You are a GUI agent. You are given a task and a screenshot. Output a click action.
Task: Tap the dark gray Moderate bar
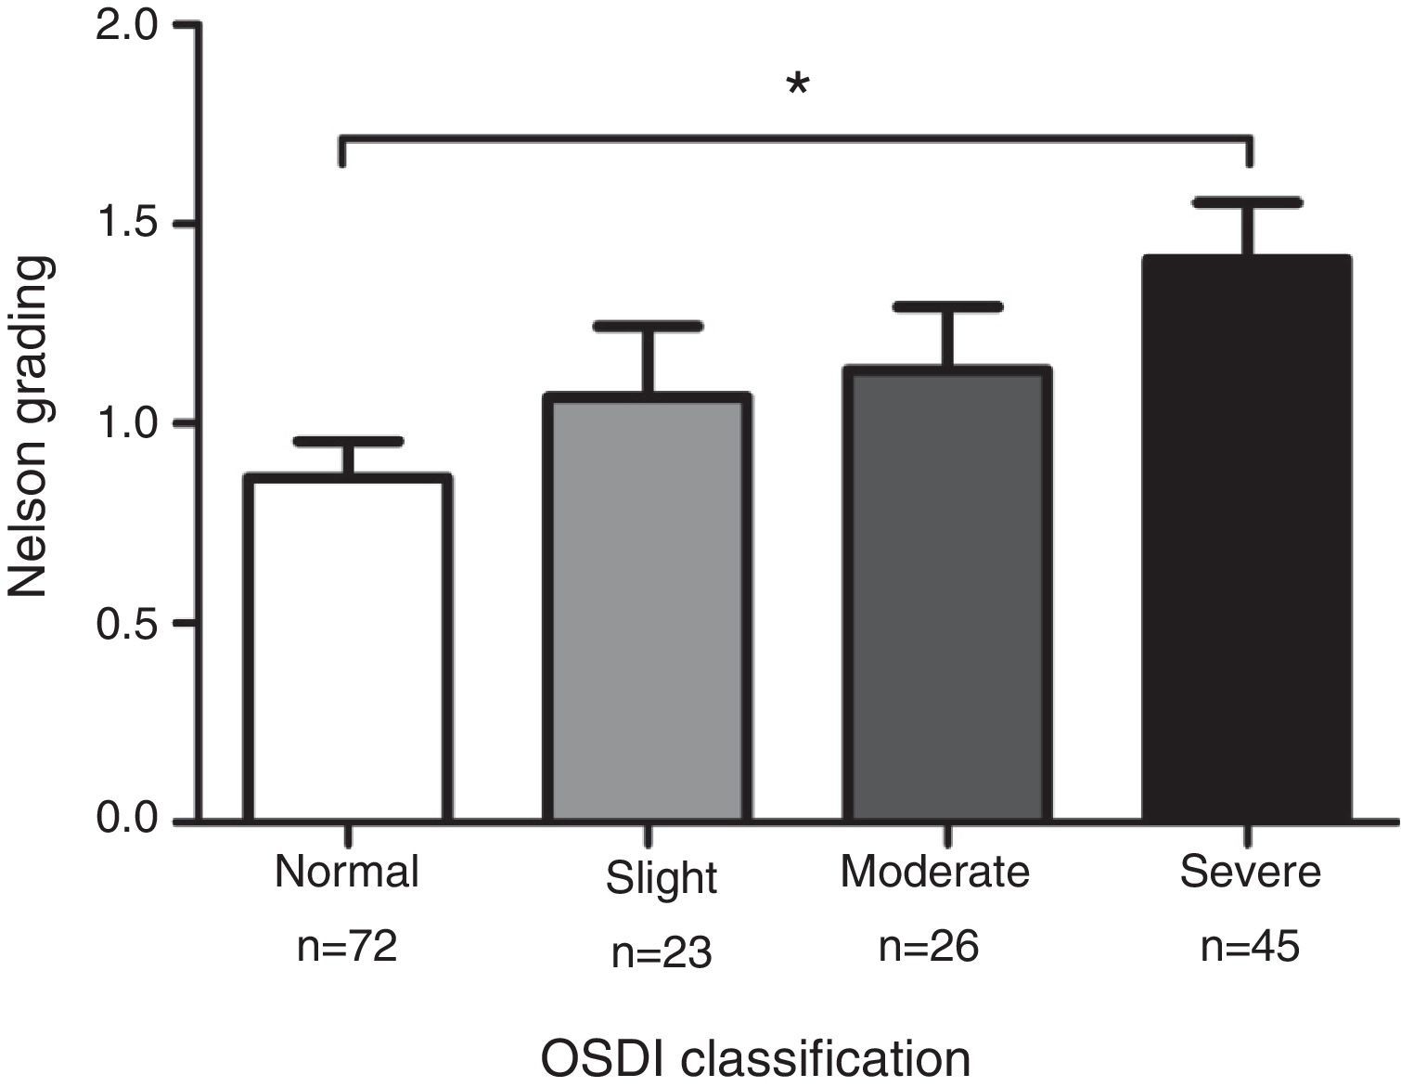pyautogui.click(x=947, y=594)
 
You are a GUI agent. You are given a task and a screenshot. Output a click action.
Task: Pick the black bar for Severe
pyautogui.click(x=1247, y=538)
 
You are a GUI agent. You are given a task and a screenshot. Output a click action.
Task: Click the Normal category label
pyautogui.click(x=347, y=872)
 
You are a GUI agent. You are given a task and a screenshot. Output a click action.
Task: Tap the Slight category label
pyautogui.click(x=662, y=878)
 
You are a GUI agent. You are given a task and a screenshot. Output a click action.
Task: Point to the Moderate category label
pyautogui.click(x=935, y=872)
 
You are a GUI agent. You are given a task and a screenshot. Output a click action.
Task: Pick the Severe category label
pyautogui.click(x=1251, y=872)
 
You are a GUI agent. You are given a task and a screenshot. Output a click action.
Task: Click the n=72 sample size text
pyautogui.click(x=347, y=947)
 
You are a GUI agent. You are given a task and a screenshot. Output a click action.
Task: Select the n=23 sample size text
pyautogui.click(x=662, y=953)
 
